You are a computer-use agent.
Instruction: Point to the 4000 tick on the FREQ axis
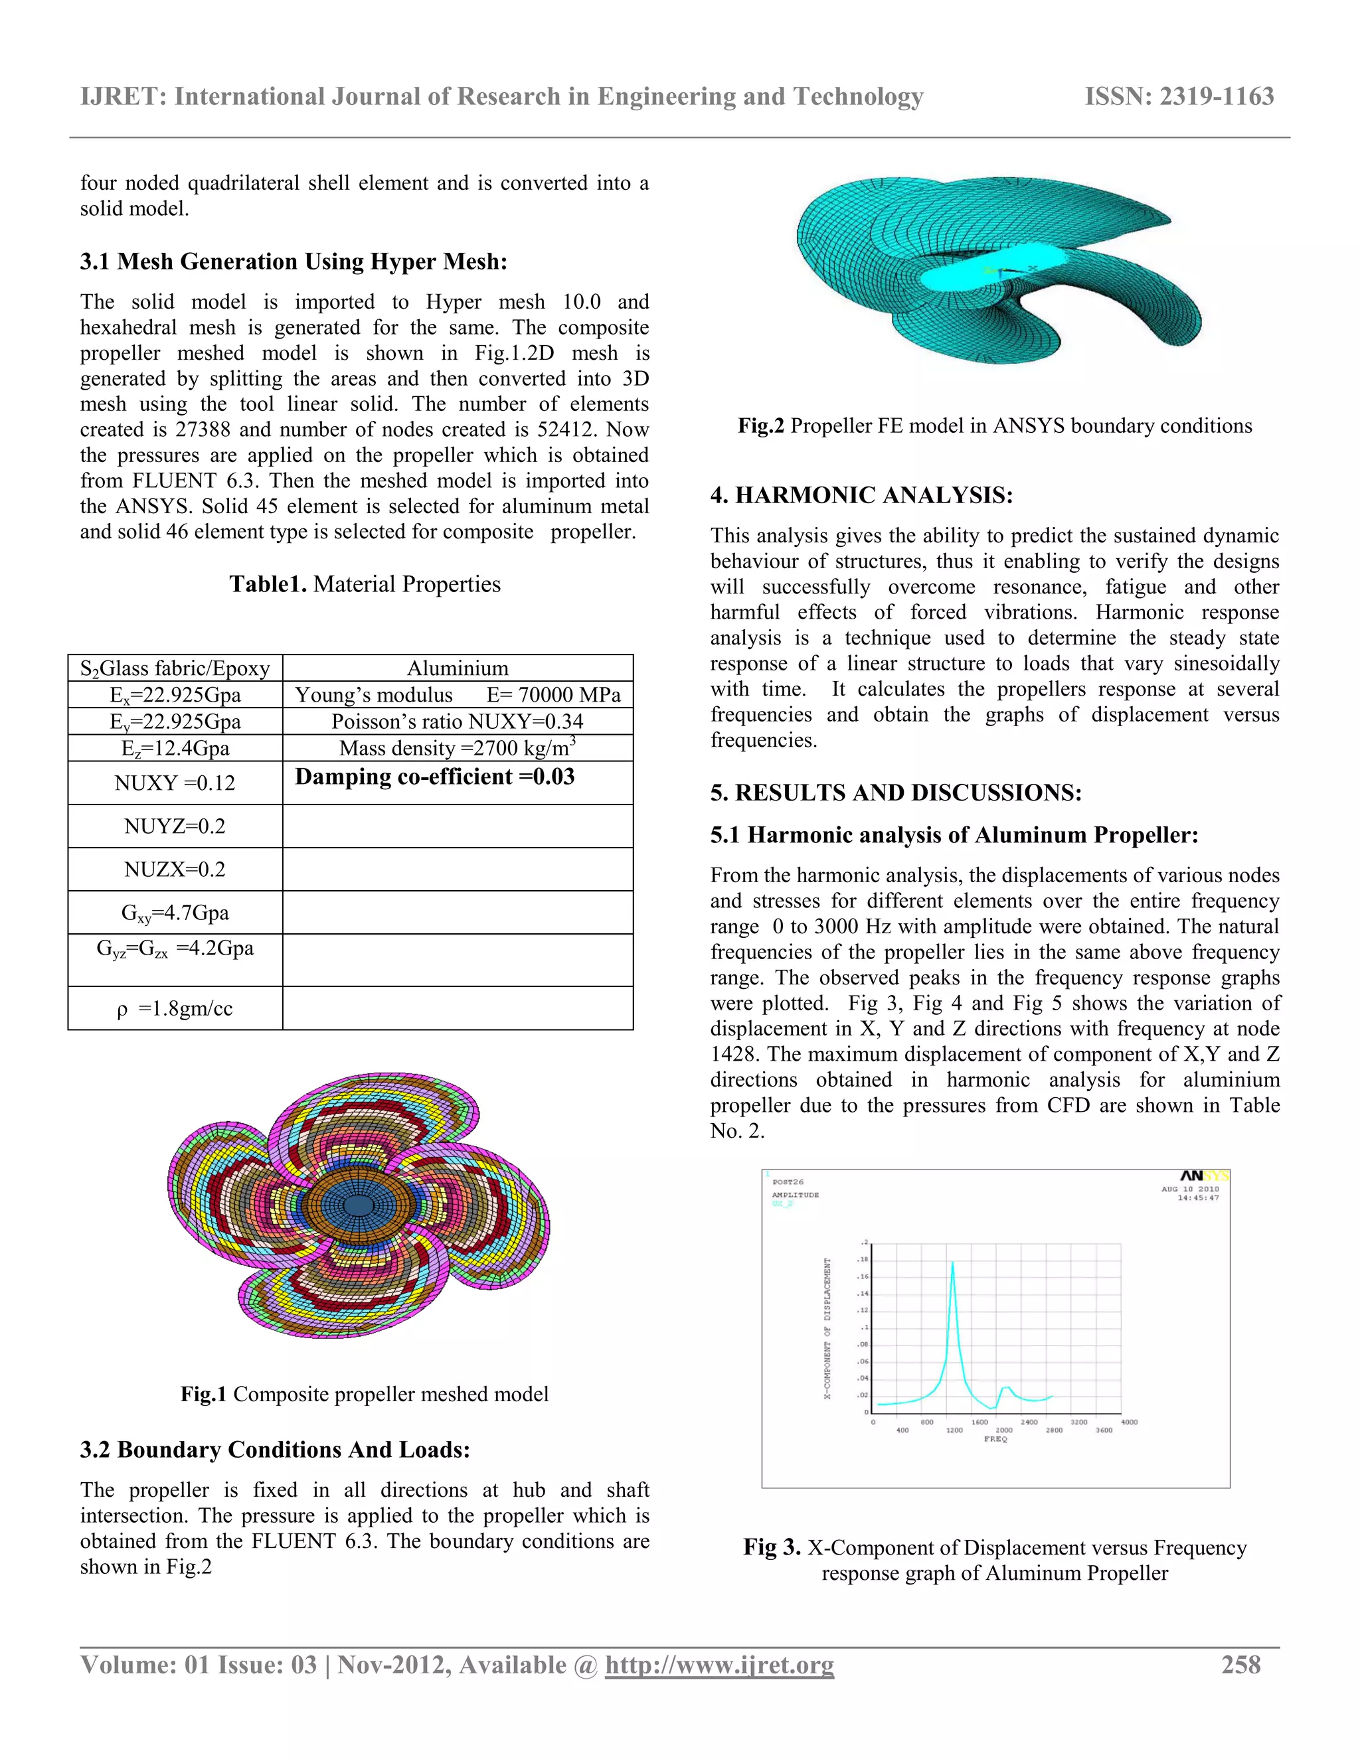(x=1129, y=1422)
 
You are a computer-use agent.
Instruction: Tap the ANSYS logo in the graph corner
(x=1204, y=1177)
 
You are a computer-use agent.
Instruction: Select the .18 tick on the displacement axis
(x=862, y=1260)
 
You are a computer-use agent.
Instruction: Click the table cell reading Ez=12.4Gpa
(x=175, y=748)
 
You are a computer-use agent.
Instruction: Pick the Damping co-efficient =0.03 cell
(x=435, y=777)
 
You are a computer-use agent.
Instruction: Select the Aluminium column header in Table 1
(x=458, y=668)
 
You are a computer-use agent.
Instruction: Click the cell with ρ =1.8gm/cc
(x=175, y=1008)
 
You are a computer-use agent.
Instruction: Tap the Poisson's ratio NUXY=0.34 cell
(x=458, y=722)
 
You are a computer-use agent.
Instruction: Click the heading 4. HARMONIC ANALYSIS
(x=861, y=495)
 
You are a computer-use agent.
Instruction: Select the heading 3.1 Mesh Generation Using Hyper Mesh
(x=294, y=262)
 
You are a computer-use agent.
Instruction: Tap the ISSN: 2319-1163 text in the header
(x=1179, y=97)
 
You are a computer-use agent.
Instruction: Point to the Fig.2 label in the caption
(x=760, y=426)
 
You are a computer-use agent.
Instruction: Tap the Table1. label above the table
(x=268, y=585)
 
